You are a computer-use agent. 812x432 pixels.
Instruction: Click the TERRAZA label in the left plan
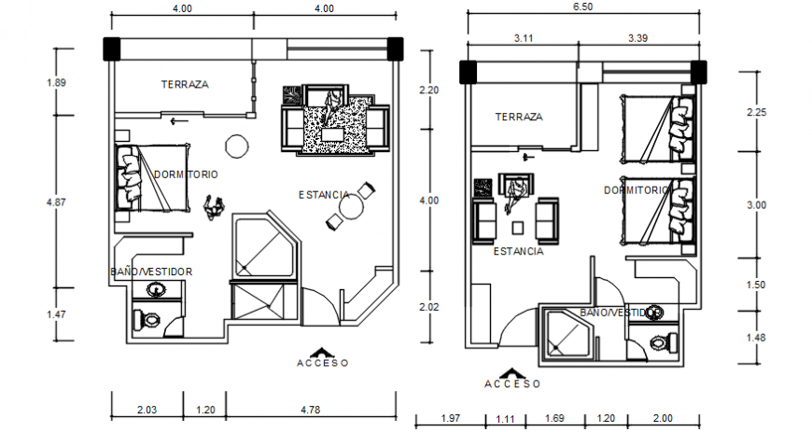click(x=184, y=84)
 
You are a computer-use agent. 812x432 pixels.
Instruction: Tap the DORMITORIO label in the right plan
click(x=637, y=189)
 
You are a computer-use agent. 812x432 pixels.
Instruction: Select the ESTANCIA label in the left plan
click(x=324, y=195)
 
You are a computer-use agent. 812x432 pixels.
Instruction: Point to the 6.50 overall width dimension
click(x=583, y=7)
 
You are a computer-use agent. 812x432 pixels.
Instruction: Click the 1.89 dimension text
click(x=56, y=83)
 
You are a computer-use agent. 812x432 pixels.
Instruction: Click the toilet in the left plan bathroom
click(x=148, y=320)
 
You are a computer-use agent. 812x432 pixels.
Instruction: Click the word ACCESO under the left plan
click(x=323, y=363)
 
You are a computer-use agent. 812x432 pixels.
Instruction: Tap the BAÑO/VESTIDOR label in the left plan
click(x=151, y=272)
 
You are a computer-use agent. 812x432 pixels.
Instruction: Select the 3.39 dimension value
click(x=638, y=38)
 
